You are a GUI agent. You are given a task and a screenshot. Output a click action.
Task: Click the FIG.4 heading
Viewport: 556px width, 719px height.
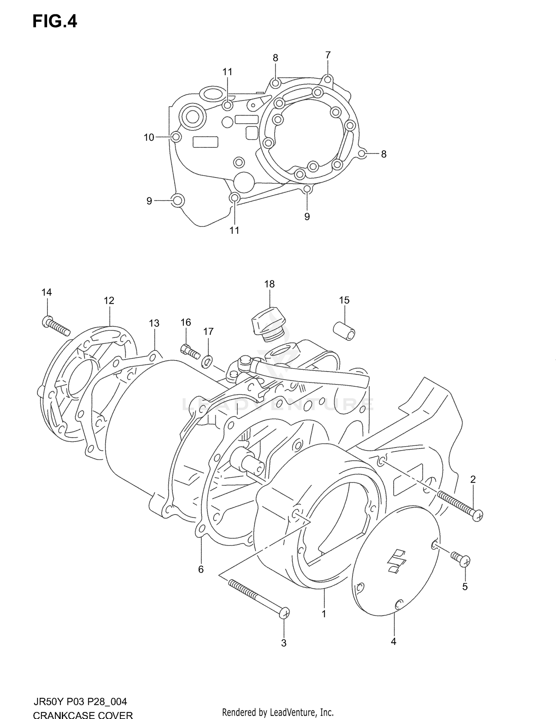(55, 21)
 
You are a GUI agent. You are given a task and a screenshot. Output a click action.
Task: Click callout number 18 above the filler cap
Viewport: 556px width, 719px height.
(269, 284)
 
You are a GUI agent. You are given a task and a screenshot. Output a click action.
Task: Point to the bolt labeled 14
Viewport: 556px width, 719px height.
(56, 324)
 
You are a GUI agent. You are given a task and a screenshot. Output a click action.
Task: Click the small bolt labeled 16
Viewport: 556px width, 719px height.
(189, 350)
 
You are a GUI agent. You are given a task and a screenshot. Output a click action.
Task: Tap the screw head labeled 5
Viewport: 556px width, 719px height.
(465, 561)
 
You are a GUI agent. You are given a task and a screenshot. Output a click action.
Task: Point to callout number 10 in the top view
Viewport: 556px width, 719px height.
(149, 137)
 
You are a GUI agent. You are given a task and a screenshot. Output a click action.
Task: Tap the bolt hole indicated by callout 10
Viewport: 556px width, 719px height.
(177, 137)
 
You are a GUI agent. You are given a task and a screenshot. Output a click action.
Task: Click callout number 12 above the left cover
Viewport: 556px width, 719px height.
(109, 300)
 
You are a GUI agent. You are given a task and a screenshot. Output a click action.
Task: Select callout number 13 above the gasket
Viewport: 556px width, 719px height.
(154, 323)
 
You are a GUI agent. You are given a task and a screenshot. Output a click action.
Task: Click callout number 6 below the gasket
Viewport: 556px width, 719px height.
(201, 569)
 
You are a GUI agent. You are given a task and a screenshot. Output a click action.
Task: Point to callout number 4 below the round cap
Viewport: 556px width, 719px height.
(393, 642)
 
